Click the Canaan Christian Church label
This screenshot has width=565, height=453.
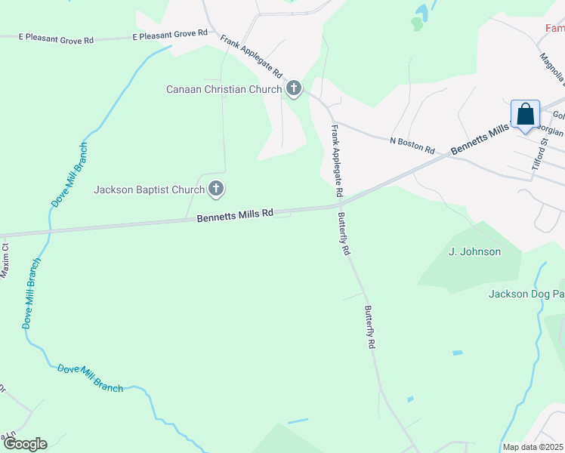(x=224, y=89)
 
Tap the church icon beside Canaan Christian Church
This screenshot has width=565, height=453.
(x=294, y=89)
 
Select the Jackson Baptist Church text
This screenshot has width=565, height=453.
(x=149, y=190)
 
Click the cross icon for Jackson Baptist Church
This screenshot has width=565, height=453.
(x=216, y=189)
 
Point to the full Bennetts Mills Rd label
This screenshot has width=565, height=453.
(x=235, y=216)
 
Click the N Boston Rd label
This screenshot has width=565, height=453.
(x=412, y=146)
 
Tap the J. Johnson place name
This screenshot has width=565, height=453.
(x=474, y=251)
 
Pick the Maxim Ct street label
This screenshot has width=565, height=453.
(x=5, y=259)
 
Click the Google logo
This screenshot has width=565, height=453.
(x=24, y=444)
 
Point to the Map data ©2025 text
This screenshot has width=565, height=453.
(x=533, y=447)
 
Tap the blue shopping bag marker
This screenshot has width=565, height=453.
(x=526, y=116)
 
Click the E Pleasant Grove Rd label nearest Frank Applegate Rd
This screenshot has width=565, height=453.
(x=170, y=34)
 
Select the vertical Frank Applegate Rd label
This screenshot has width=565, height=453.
(x=337, y=162)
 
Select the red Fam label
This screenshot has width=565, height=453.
(x=554, y=28)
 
